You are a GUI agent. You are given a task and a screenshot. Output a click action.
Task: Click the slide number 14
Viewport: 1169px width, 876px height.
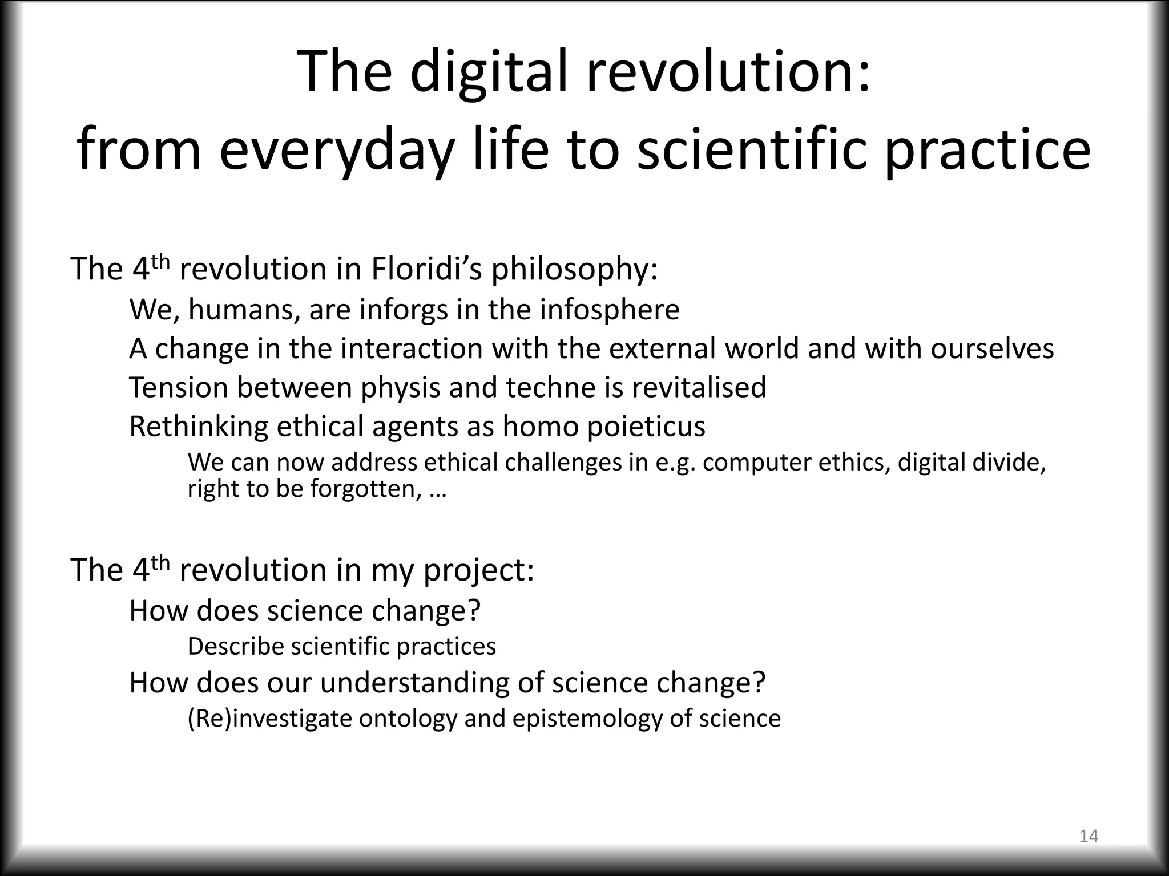tap(1089, 836)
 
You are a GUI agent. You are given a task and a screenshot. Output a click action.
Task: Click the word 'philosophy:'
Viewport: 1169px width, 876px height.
tap(575, 270)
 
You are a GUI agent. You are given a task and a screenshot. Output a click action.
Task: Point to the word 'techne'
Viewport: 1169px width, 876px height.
tap(548, 387)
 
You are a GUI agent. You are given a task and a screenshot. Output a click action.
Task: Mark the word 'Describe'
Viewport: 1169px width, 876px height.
tap(236, 646)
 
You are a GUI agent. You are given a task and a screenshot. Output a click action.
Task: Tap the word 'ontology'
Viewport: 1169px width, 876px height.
tap(408, 719)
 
